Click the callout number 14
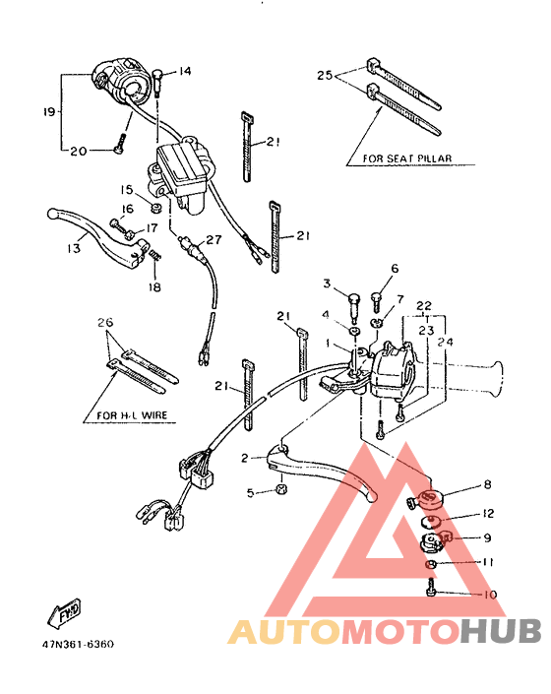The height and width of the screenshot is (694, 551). click(185, 71)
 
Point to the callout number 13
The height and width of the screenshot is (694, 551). click(74, 249)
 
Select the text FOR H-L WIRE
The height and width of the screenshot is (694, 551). click(132, 415)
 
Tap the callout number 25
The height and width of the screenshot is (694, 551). click(327, 75)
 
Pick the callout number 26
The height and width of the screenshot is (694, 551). click(105, 323)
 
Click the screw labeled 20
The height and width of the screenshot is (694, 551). click(118, 144)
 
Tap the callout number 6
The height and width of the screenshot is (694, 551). click(395, 268)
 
